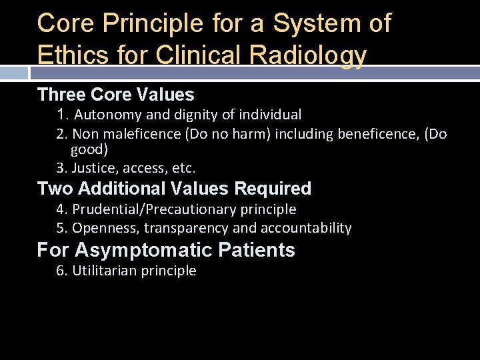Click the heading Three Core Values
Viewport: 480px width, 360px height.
click(x=115, y=95)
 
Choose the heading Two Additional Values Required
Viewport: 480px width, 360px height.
click(x=174, y=189)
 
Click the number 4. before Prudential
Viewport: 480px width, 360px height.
click(x=62, y=209)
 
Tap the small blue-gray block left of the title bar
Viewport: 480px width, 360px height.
click(x=14, y=72)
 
